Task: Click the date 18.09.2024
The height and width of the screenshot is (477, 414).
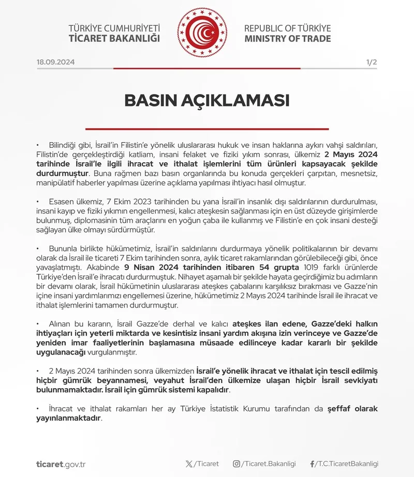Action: (56, 62)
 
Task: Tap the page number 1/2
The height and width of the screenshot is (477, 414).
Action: (371, 62)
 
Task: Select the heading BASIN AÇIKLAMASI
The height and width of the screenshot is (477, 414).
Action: (207, 100)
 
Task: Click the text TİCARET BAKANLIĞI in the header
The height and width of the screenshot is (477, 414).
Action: (114, 39)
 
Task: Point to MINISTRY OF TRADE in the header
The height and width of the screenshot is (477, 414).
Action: (287, 39)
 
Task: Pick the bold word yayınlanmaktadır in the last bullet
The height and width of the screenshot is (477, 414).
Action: (68, 418)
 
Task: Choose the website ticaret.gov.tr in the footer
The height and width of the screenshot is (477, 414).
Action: (61, 464)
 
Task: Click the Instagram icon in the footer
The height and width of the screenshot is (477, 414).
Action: (236, 464)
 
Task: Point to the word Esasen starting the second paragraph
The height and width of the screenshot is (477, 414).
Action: (62, 202)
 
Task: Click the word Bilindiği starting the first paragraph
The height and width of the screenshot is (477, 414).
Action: (65, 145)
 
